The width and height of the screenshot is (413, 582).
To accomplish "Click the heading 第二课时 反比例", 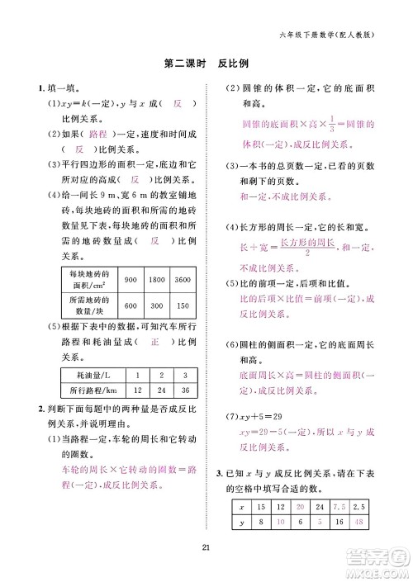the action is pos(206,62).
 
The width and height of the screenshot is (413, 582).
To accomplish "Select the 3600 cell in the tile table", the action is pos(182,281).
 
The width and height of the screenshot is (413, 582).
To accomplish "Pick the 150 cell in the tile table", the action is pos(182,305).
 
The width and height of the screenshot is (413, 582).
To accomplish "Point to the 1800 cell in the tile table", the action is pos(156,281).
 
